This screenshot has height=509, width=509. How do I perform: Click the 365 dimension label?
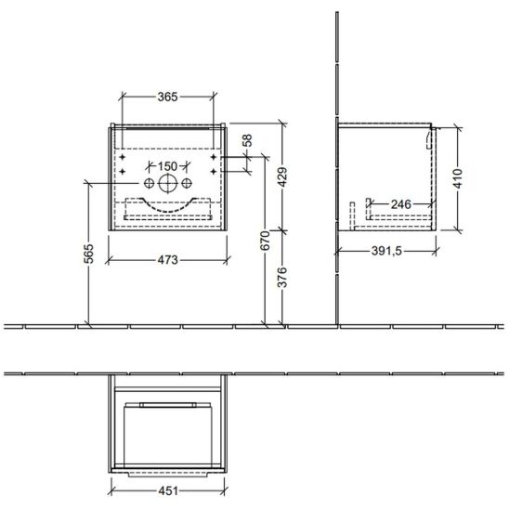(167, 97)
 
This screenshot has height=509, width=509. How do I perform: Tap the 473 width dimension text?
(167, 260)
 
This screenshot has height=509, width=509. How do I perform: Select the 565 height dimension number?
(88, 254)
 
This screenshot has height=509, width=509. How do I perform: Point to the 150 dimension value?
(167, 166)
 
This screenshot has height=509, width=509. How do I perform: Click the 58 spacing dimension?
(247, 140)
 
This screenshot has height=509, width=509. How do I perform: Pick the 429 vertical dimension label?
(282, 177)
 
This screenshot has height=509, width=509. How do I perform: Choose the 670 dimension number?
(266, 241)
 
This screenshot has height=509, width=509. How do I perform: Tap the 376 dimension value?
(282, 278)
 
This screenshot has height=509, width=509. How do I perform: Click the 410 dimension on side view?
(458, 178)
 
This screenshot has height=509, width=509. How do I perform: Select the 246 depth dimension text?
(401, 204)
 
